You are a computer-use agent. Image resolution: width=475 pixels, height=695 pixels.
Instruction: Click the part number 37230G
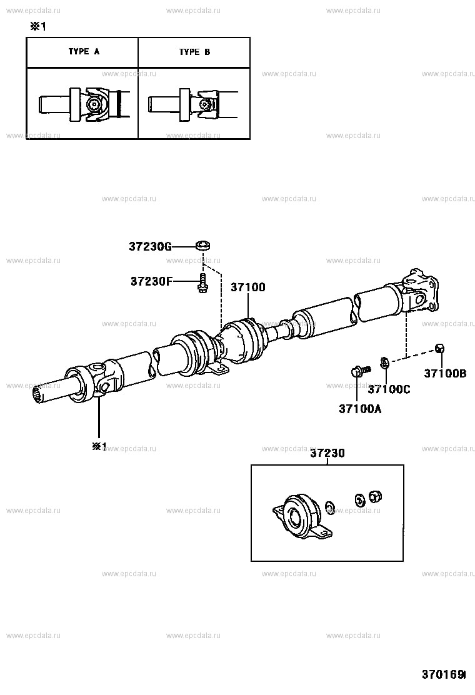tap(150, 247)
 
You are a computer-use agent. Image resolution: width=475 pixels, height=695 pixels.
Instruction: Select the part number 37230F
tap(151, 281)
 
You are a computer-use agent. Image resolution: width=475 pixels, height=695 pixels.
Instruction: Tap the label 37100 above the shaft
tap(248, 287)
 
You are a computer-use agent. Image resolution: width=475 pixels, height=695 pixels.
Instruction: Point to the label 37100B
tap(445, 374)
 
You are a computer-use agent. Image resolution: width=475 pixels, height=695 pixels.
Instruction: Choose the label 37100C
tap(389, 389)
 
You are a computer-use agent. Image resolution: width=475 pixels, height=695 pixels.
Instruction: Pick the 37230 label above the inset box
tap(327, 454)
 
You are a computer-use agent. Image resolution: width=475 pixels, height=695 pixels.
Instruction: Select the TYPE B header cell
tap(194, 52)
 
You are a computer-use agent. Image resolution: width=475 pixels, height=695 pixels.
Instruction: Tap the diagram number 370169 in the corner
tap(444, 675)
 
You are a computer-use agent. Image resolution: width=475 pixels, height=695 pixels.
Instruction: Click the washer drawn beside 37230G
tap(202, 245)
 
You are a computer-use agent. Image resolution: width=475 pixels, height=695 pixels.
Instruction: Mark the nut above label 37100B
tap(439, 348)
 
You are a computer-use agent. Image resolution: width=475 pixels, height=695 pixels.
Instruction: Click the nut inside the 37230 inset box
tap(376, 497)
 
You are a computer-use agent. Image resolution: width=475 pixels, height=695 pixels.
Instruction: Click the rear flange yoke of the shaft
tap(421, 291)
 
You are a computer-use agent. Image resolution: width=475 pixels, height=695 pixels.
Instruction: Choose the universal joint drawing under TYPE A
tap(94, 104)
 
